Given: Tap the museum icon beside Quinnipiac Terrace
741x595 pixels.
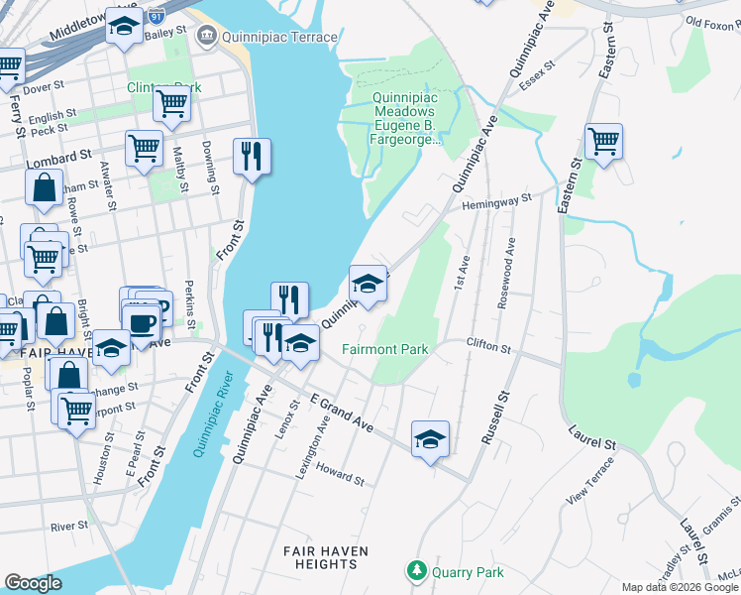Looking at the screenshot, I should (206, 37).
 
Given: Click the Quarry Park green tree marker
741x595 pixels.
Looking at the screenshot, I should (416, 571).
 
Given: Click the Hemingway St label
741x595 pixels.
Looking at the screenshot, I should (498, 201).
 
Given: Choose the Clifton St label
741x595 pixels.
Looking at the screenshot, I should (488, 347).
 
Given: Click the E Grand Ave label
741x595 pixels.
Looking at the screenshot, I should (341, 413).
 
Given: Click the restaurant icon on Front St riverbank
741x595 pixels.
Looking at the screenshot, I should (252, 156).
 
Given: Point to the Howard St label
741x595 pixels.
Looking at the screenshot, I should (341, 477).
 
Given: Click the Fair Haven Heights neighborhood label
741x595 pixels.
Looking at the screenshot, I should (326, 557).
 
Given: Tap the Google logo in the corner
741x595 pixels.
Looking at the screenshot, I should (33, 583).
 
